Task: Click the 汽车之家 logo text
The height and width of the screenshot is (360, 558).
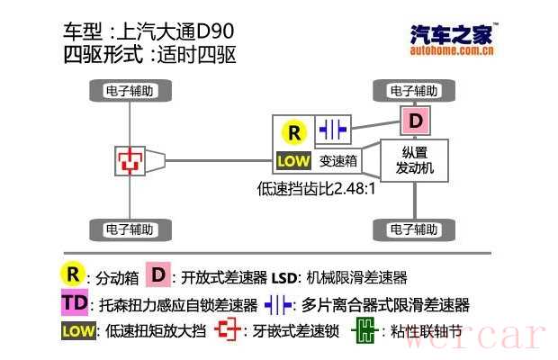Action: coord(451,34)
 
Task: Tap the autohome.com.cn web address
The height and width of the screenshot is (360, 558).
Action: coord(451,51)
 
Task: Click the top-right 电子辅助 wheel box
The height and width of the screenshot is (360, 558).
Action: coord(414,90)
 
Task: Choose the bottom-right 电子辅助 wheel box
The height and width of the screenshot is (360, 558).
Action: coord(414,229)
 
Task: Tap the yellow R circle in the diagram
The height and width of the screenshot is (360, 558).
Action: coord(293,133)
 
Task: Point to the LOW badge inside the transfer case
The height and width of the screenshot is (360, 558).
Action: coord(293,162)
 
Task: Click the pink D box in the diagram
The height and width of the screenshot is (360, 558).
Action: coord(414,121)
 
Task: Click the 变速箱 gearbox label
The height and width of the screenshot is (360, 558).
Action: coord(339,162)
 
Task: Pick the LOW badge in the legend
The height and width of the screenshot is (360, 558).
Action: coord(77,331)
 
